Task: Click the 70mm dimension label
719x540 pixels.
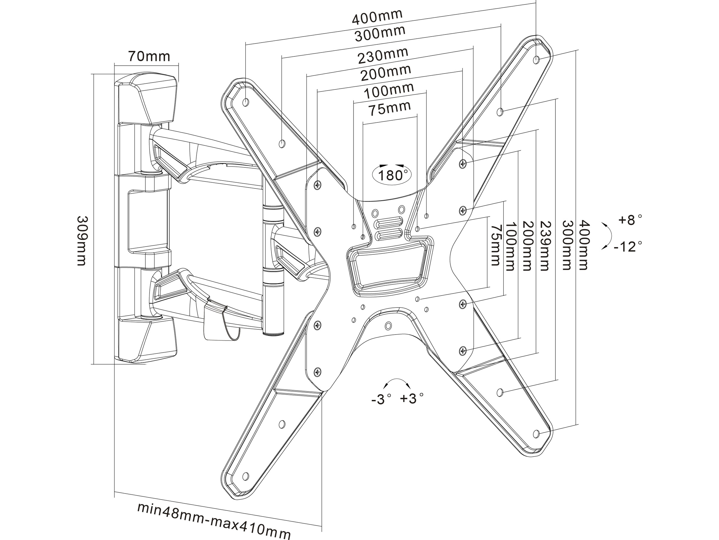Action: pos(149,56)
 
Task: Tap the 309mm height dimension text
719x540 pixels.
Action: pos(81,241)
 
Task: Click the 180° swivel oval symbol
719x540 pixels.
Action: pos(392,175)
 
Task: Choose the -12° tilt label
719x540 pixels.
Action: pos(628,246)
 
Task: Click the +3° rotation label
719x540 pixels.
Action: pos(412,398)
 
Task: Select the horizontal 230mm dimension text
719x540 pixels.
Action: pos(383,56)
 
